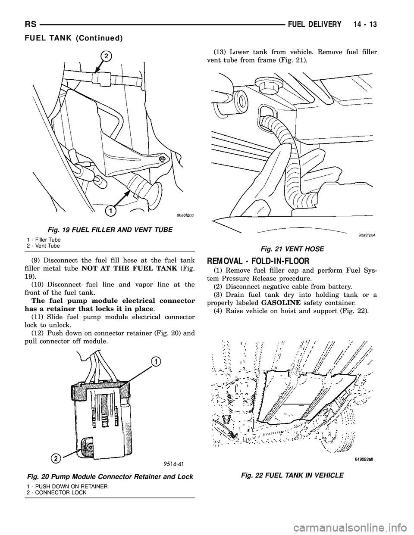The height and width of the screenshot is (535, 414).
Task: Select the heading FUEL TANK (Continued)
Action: [x=73, y=38]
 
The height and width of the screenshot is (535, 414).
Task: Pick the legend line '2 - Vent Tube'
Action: [x=44, y=245]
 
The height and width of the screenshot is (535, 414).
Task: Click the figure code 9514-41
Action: [x=171, y=463]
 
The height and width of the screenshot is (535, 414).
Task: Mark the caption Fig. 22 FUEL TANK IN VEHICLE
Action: [x=291, y=475]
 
